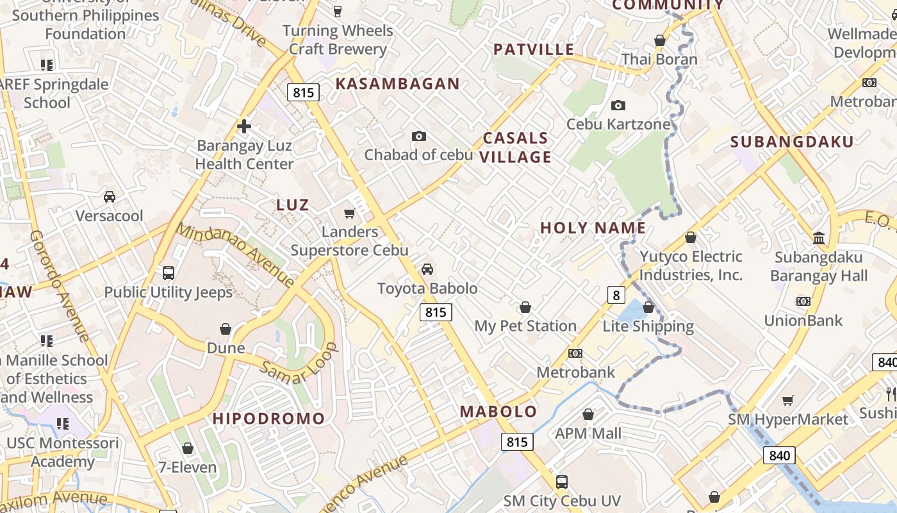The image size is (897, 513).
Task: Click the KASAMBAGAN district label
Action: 397,83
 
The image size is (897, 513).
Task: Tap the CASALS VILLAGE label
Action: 516,147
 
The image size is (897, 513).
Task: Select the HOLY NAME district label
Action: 593,228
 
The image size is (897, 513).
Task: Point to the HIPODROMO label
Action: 268,419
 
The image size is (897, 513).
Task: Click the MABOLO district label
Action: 498,411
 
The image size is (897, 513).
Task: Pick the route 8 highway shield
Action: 616,295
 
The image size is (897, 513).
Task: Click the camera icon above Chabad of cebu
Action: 419,136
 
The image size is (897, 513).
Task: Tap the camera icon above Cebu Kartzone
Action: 618,105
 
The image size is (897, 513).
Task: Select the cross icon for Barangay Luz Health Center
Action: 243,126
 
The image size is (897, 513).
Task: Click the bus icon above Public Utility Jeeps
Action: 169,273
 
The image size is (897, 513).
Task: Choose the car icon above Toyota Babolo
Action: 427,269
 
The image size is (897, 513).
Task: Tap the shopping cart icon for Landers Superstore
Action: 349,213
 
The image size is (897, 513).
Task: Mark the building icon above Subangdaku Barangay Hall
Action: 819,239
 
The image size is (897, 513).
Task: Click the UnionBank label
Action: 803,319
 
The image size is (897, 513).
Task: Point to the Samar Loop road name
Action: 299,364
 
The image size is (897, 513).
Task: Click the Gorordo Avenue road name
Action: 60,285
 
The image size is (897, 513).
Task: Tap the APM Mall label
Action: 588,433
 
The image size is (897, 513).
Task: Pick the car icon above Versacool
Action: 110,196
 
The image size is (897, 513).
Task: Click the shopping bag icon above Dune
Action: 226,330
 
